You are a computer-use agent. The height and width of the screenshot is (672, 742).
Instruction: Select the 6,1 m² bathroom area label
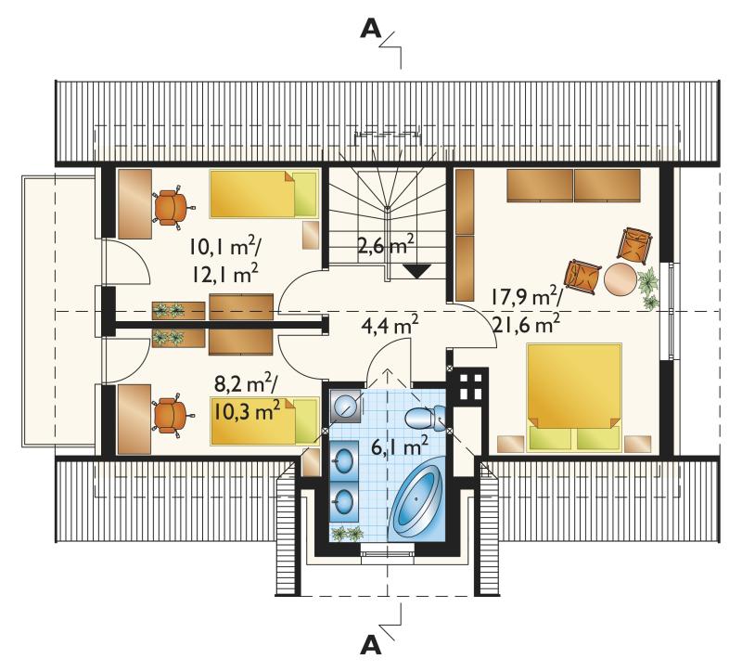(x=400, y=446)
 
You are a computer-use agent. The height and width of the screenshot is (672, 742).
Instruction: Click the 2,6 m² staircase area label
(x=386, y=247)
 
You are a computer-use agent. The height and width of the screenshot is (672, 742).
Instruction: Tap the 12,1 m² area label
(x=224, y=273)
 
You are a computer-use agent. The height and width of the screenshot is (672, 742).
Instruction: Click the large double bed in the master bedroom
(x=574, y=397)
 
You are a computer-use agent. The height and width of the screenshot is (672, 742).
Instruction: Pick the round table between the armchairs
(x=620, y=280)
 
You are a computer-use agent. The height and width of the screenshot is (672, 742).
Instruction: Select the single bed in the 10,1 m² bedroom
(x=263, y=194)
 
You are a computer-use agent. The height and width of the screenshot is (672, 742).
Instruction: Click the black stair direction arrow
(x=416, y=270)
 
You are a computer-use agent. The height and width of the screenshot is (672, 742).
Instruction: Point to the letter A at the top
(x=370, y=30)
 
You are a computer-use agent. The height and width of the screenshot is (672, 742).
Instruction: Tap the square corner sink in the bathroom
(x=345, y=406)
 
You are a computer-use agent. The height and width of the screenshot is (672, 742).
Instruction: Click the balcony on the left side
(x=59, y=310)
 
